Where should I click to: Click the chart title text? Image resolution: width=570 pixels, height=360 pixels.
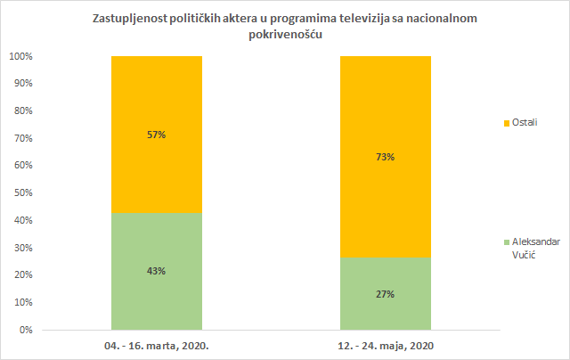tap(284, 27)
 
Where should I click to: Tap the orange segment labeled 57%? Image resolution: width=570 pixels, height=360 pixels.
tap(157, 98)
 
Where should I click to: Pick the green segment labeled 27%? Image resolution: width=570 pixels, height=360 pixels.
tap(386, 312)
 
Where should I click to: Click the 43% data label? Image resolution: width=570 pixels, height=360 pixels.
tap(157, 271)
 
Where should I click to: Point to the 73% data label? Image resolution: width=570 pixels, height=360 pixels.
tap(386, 157)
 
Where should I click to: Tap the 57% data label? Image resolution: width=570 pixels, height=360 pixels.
tap(157, 135)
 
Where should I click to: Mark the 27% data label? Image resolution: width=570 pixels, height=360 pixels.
tap(386, 293)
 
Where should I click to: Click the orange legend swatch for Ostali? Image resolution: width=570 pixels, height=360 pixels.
tap(506, 122)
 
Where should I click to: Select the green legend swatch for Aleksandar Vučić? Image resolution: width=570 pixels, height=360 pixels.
tap(506, 242)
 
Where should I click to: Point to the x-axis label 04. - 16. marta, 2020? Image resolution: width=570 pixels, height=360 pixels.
tap(157, 345)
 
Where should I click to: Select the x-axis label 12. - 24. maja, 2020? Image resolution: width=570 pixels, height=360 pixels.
tap(386, 345)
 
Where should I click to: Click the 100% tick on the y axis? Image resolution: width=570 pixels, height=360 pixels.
tap(20, 56)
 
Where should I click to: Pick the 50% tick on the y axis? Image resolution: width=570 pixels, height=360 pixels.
tap(22, 192)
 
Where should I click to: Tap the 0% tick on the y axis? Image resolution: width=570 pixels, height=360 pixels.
tap(26, 330)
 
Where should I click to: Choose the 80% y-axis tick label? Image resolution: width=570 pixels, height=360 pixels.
tap(22, 110)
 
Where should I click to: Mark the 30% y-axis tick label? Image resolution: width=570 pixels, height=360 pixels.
tap(22, 248)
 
